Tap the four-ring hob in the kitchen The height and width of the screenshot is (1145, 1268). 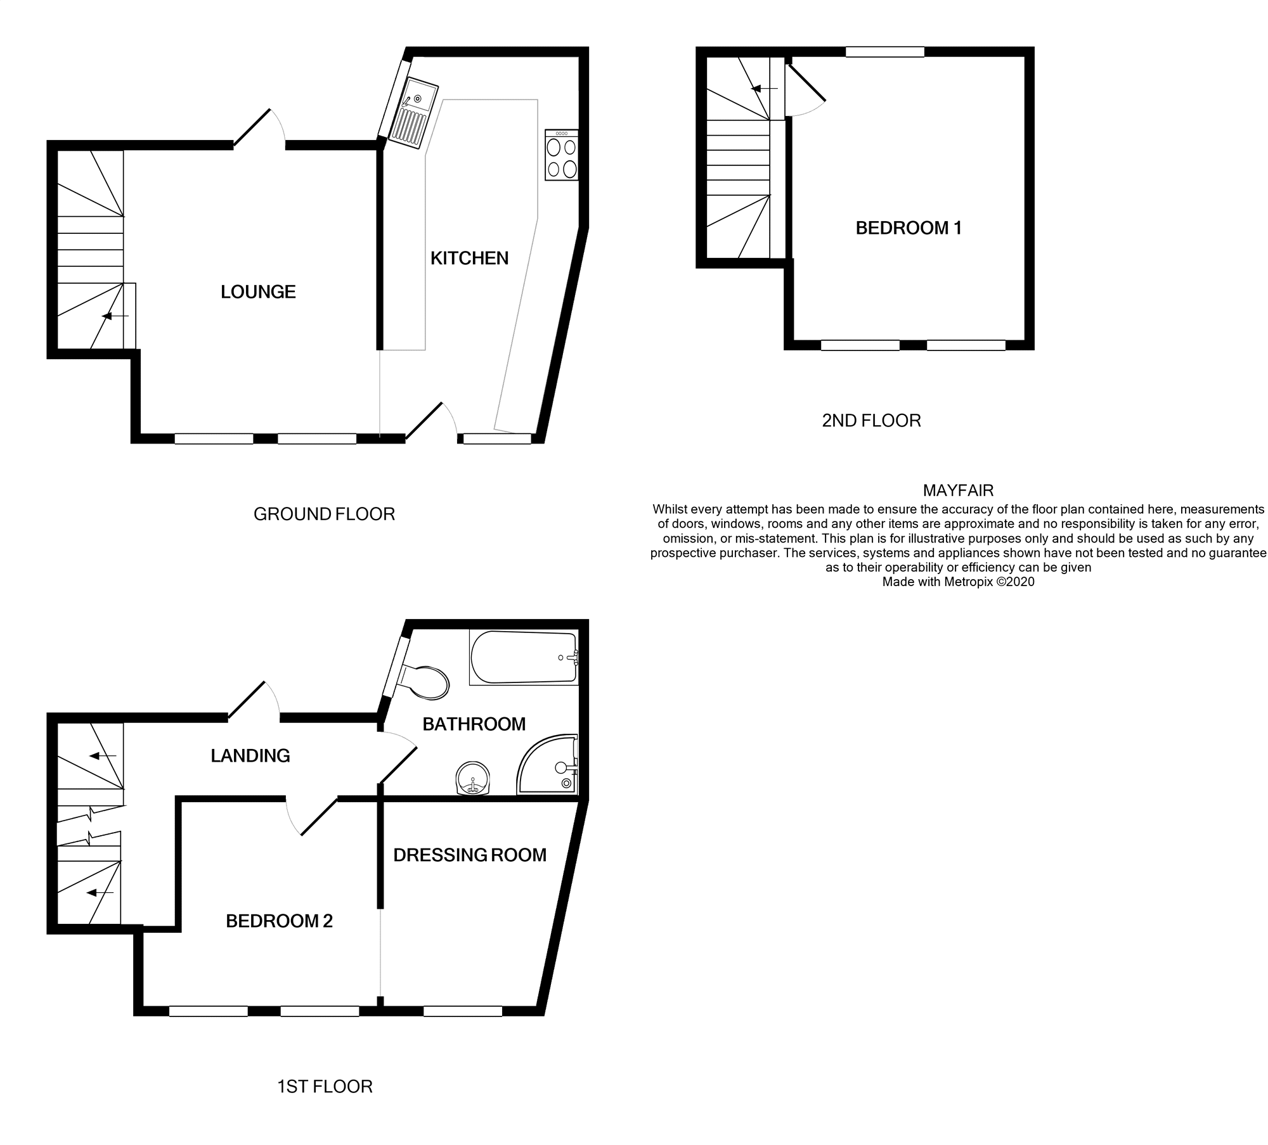click(562, 156)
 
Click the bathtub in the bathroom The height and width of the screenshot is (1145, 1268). click(523, 658)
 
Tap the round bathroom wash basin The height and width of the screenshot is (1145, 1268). click(473, 778)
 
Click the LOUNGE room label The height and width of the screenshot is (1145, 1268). click(258, 292)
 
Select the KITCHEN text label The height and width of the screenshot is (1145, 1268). click(469, 259)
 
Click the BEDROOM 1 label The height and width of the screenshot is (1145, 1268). click(909, 228)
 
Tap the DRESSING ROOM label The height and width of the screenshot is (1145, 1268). click(469, 855)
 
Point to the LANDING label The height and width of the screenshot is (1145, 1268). click(250, 756)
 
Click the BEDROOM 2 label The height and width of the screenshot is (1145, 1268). click(279, 921)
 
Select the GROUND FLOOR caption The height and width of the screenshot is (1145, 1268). click(324, 514)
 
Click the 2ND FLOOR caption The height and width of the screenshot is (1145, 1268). click(871, 421)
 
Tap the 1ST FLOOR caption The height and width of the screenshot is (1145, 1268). click(325, 1087)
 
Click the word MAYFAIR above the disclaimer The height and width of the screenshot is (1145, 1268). click(958, 490)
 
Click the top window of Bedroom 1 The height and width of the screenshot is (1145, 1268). click(884, 52)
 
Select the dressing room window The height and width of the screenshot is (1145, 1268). click(463, 1011)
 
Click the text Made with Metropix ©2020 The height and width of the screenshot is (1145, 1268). click(958, 582)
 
